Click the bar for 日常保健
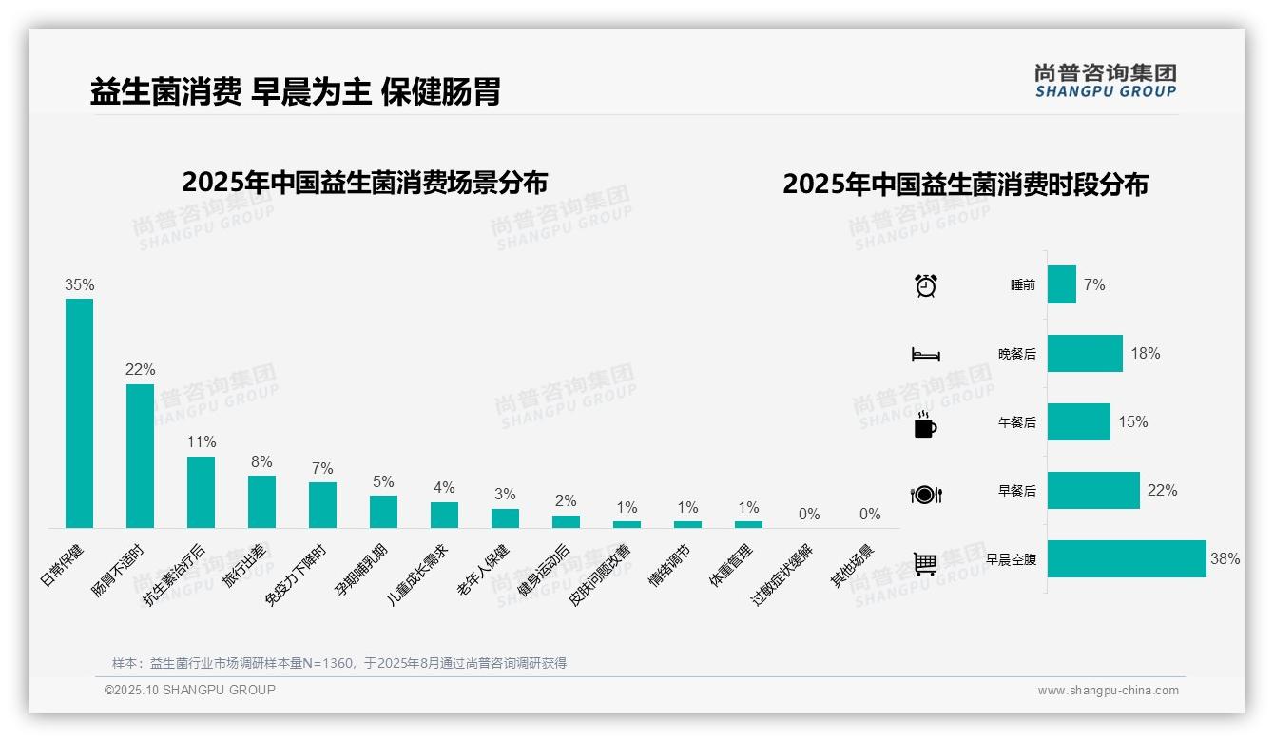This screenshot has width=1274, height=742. coord(79,413)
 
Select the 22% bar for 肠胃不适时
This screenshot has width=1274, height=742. coord(140,456)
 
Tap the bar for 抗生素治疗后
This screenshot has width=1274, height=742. coord(201,492)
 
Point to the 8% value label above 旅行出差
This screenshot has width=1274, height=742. coord(261,462)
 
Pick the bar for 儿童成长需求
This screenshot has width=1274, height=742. coord(444,515)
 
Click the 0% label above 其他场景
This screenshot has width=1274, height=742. coord(870,515)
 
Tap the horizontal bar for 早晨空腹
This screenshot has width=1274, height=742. coord(1127,558)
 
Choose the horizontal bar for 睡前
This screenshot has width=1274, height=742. coord(1062,284)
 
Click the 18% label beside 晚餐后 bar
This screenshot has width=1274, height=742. coord(1146,353)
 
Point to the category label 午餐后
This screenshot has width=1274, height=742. coord(1016,422)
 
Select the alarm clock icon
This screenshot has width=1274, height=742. coord(925,285)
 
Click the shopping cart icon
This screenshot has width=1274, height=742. coord(925,563)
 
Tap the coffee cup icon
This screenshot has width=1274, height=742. coord(925,424)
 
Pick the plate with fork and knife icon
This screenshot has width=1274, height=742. coord(925,494)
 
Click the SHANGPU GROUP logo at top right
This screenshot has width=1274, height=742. coord(1106,81)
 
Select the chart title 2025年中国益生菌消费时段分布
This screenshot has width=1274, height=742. coord(965,184)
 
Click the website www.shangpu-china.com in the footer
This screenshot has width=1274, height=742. coord(1108,691)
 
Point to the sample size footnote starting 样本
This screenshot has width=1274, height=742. coord(339,663)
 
